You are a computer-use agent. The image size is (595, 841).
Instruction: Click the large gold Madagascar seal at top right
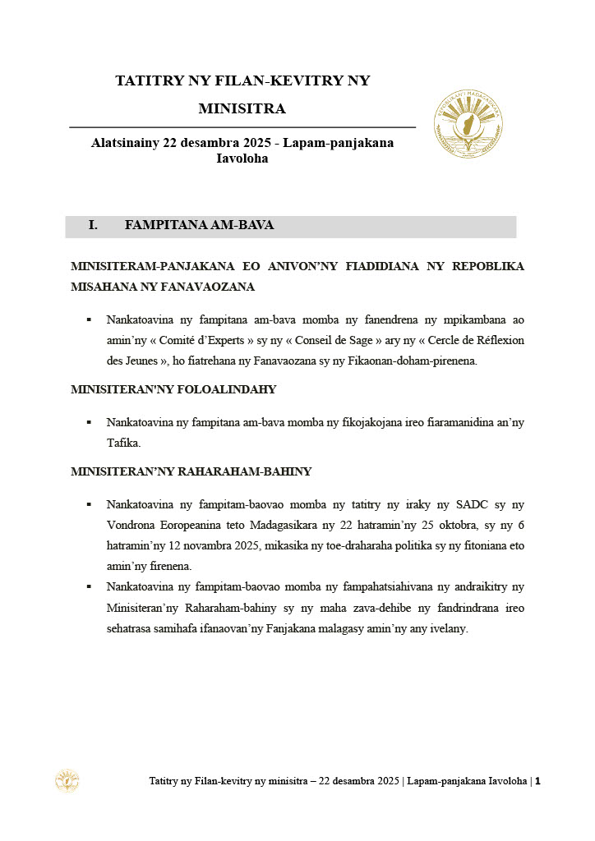click(468, 124)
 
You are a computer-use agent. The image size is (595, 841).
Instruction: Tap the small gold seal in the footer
click(67, 781)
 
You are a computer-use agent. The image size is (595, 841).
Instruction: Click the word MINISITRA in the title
click(242, 108)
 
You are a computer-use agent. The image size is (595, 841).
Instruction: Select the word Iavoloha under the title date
click(242, 159)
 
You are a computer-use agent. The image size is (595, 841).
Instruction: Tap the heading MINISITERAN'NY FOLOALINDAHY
click(173, 389)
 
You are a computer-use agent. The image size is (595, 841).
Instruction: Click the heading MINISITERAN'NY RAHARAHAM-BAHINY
click(191, 471)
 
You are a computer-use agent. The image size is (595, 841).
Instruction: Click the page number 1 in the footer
click(537, 781)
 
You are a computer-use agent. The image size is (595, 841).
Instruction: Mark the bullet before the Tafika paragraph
click(89, 422)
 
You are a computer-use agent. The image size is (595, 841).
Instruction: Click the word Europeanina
click(192, 525)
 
